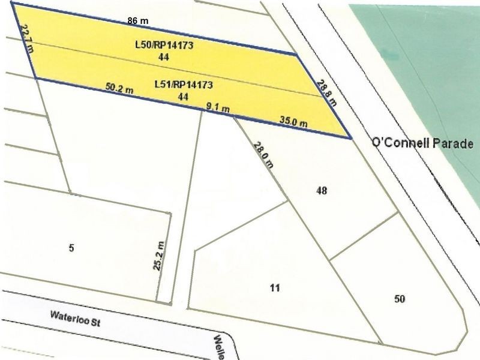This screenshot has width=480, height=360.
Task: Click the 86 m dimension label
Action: [138, 20]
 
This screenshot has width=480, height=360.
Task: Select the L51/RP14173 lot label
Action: [184, 84]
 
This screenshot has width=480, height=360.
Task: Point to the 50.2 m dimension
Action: [119, 86]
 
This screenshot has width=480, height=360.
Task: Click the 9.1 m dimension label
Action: [217, 107]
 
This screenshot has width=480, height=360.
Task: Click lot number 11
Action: [275, 288]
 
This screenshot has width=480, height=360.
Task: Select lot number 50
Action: [400, 299]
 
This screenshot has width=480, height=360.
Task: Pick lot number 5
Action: [71, 248]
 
